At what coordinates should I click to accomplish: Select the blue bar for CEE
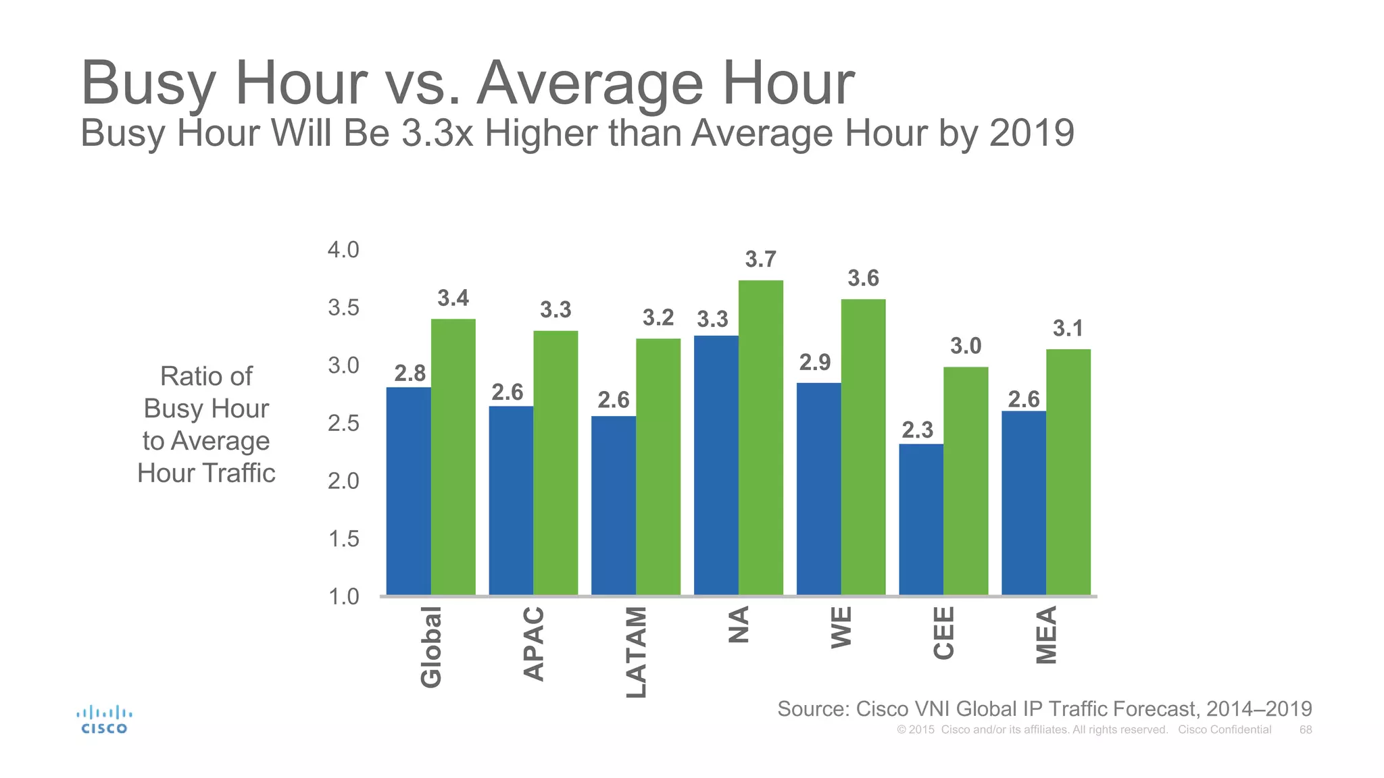[x=921, y=519]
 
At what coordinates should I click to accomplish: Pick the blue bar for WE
[x=818, y=489]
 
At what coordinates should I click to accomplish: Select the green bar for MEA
[x=1068, y=472]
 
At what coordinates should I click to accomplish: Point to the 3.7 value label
[x=760, y=259]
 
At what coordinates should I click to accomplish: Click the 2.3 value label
[x=917, y=430]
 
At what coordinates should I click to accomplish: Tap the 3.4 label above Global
[x=453, y=298]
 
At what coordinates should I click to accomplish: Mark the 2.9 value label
[x=814, y=363]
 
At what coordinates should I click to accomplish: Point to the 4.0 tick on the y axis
[x=343, y=250]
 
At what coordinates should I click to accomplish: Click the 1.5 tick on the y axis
[x=343, y=539]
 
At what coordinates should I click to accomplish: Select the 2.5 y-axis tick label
[x=343, y=423]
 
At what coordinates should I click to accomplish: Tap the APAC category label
[x=534, y=644]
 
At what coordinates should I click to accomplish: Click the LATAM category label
[x=637, y=652]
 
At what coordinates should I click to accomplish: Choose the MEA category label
[x=1046, y=635]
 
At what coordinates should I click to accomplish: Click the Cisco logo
[x=104, y=720]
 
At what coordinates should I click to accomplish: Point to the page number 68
[x=1306, y=729]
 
